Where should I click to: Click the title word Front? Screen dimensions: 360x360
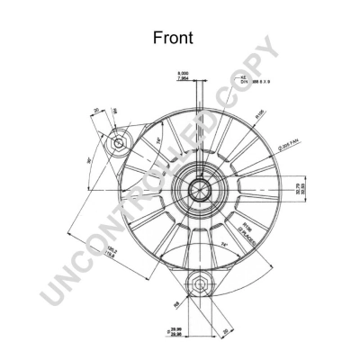pos(179,39)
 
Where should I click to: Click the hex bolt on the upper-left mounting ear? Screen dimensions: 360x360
pos(117,143)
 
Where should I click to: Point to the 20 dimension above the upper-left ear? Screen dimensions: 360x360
pos(94,111)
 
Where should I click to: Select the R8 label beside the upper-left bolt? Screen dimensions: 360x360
pos(115,111)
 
